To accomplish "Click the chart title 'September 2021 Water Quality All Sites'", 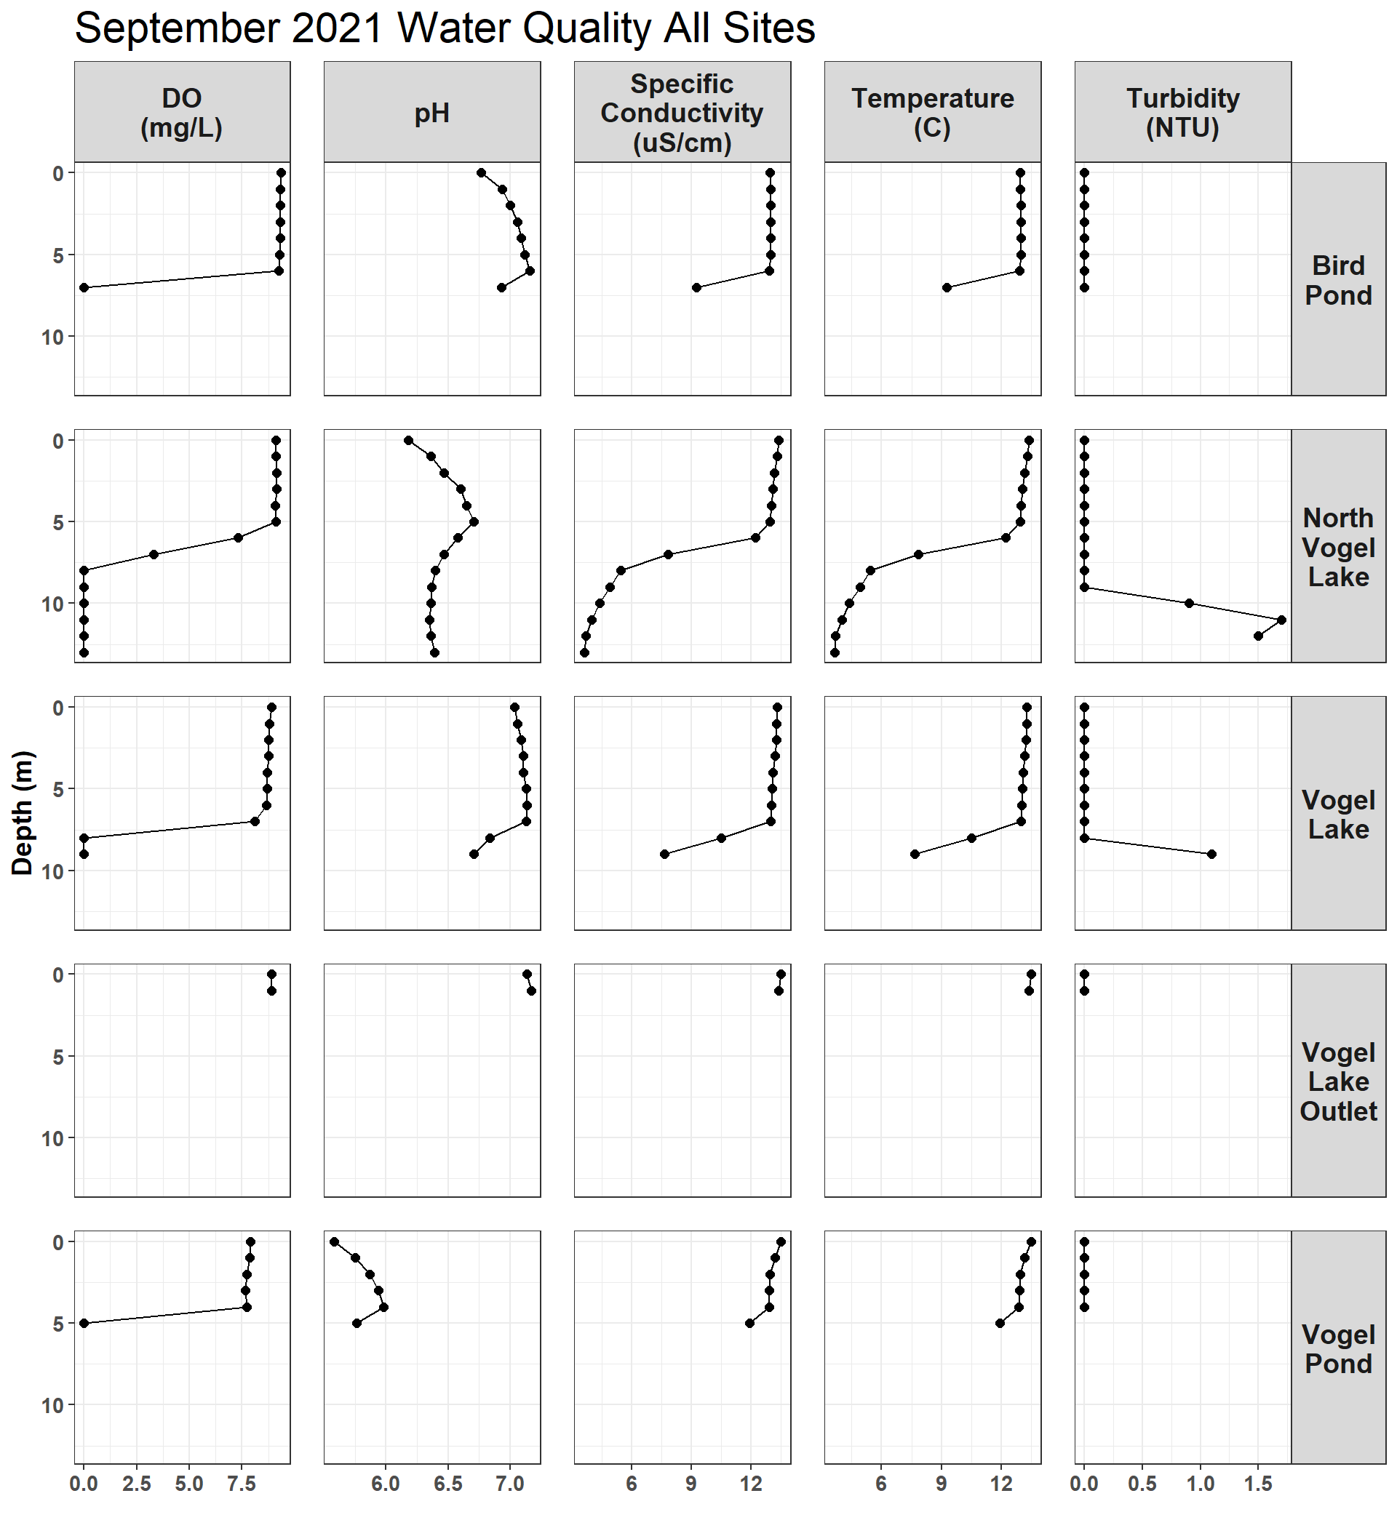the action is pyautogui.click(x=445, y=28).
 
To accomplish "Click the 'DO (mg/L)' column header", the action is pyautogui.click(x=181, y=113).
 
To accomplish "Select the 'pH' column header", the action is pyautogui.click(x=432, y=113).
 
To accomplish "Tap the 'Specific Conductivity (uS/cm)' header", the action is pyautogui.click(x=682, y=113).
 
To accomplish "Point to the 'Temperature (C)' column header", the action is pyautogui.click(x=933, y=113).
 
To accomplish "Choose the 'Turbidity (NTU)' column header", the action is pyautogui.click(x=1183, y=113).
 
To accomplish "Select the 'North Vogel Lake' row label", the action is pyautogui.click(x=1338, y=547).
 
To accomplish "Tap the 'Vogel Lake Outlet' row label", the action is pyautogui.click(x=1338, y=1081).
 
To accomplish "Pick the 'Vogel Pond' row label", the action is pyautogui.click(x=1338, y=1348).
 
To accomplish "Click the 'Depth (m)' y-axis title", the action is pyautogui.click(x=23, y=812).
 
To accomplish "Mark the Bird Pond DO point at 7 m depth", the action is pyautogui.click(x=84, y=287).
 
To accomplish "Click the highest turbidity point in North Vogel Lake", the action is pyautogui.click(x=1282, y=620).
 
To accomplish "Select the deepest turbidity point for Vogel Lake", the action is pyautogui.click(x=1211, y=854).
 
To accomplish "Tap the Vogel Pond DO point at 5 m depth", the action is pyautogui.click(x=84, y=1324).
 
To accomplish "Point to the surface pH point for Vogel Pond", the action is pyautogui.click(x=334, y=1242).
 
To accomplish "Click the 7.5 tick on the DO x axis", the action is pyautogui.click(x=242, y=1484).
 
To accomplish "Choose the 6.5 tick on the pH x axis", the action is pyautogui.click(x=448, y=1484).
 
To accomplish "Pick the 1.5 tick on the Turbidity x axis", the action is pyautogui.click(x=1258, y=1484).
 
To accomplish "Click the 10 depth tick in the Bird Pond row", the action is pyautogui.click(x=52, y=337).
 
